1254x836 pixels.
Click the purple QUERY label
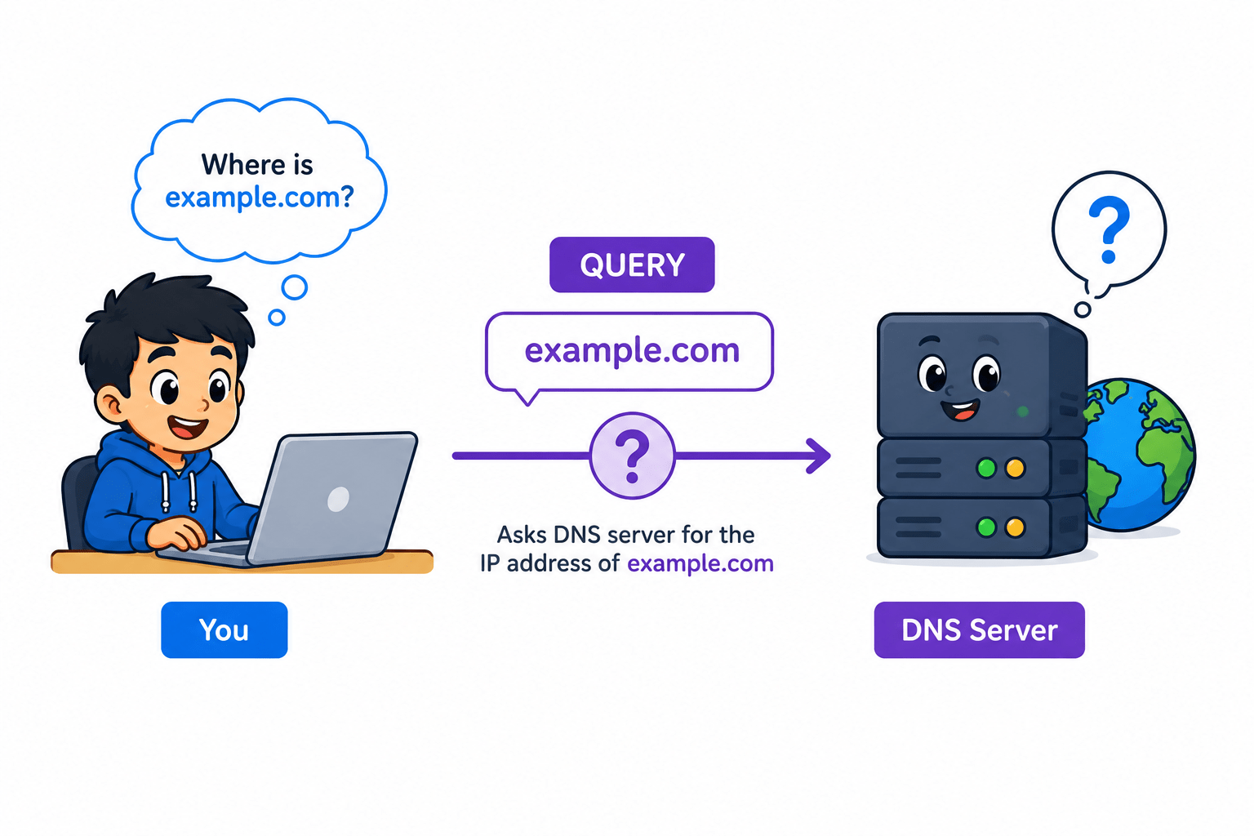point(632,265)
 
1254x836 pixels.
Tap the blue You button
point(224,630)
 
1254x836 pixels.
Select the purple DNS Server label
point(979,630)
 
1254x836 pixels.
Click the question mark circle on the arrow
point(632,456)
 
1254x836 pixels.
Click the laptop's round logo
point(338,499)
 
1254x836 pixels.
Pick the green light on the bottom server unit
point(986,527)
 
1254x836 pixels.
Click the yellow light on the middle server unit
point(1015,468)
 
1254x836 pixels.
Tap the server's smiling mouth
point(961,410)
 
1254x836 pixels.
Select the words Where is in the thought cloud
point(257,165)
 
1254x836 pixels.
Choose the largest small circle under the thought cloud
point(295,287)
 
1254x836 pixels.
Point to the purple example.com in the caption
point(700,564)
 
